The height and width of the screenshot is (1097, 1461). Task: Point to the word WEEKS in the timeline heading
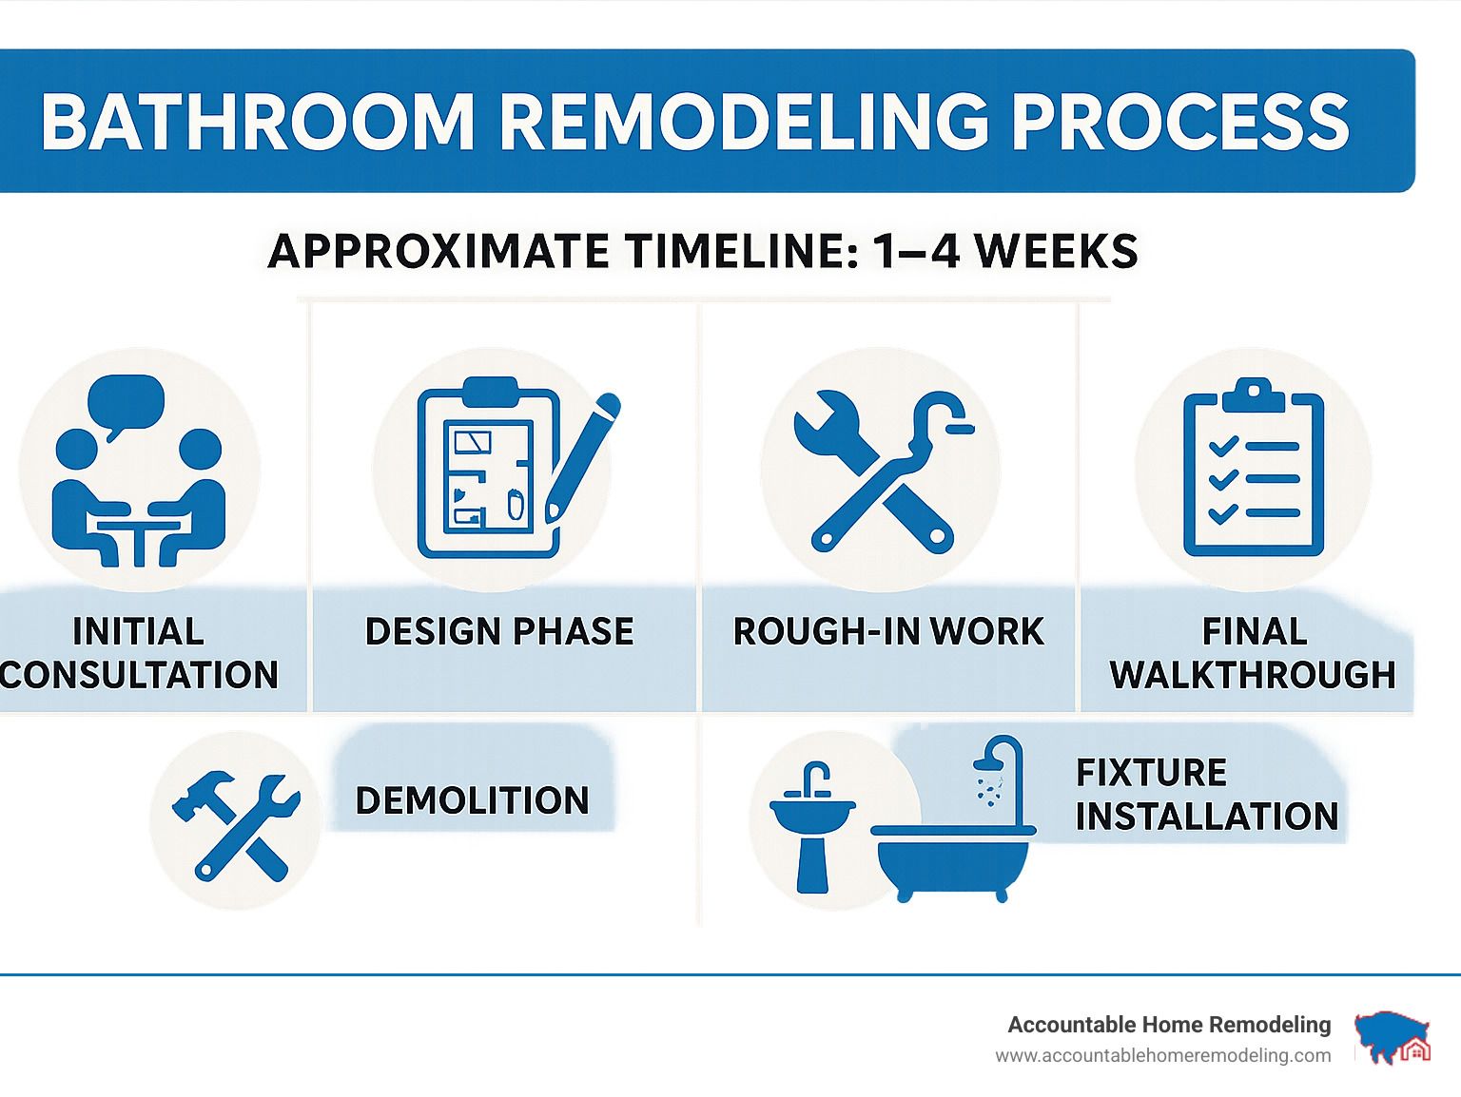(x=1057, y=251)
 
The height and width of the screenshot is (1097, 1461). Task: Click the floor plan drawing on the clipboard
(x=489, y=476)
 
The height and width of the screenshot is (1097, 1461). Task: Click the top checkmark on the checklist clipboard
(x=1223, y=446)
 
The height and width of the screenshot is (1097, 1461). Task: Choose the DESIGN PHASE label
(x=499, y=630)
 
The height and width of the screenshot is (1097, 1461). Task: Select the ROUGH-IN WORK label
(x=888, y=630)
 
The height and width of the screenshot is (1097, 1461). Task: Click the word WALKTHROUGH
(x=1253, y=674)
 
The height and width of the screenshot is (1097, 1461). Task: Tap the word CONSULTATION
(x=139, y=674)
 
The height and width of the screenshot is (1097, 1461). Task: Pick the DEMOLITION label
(x=472, y=799)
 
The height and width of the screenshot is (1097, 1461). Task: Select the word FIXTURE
(x=1151, y=772)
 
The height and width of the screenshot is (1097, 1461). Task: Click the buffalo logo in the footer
(x=1393, y=1037)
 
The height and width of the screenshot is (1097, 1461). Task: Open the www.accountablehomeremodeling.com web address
(x=1163, y=1056)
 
